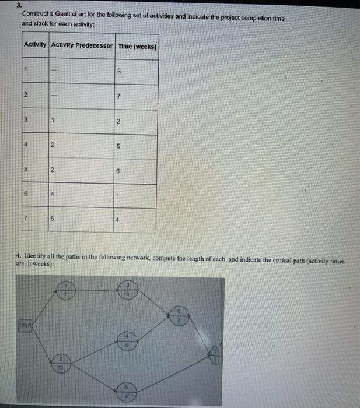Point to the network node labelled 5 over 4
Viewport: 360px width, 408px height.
pyautogui.click(x=128, y=391)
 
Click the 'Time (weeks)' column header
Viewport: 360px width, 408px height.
pyautogui.click(x=137, y=45)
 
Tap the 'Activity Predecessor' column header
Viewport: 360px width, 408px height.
pyautogui.click(x=82, y=45)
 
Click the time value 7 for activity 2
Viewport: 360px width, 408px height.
pyautogui.click(x=118, y=95)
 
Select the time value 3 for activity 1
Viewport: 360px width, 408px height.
pyautogui.click(x=118, y=72)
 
